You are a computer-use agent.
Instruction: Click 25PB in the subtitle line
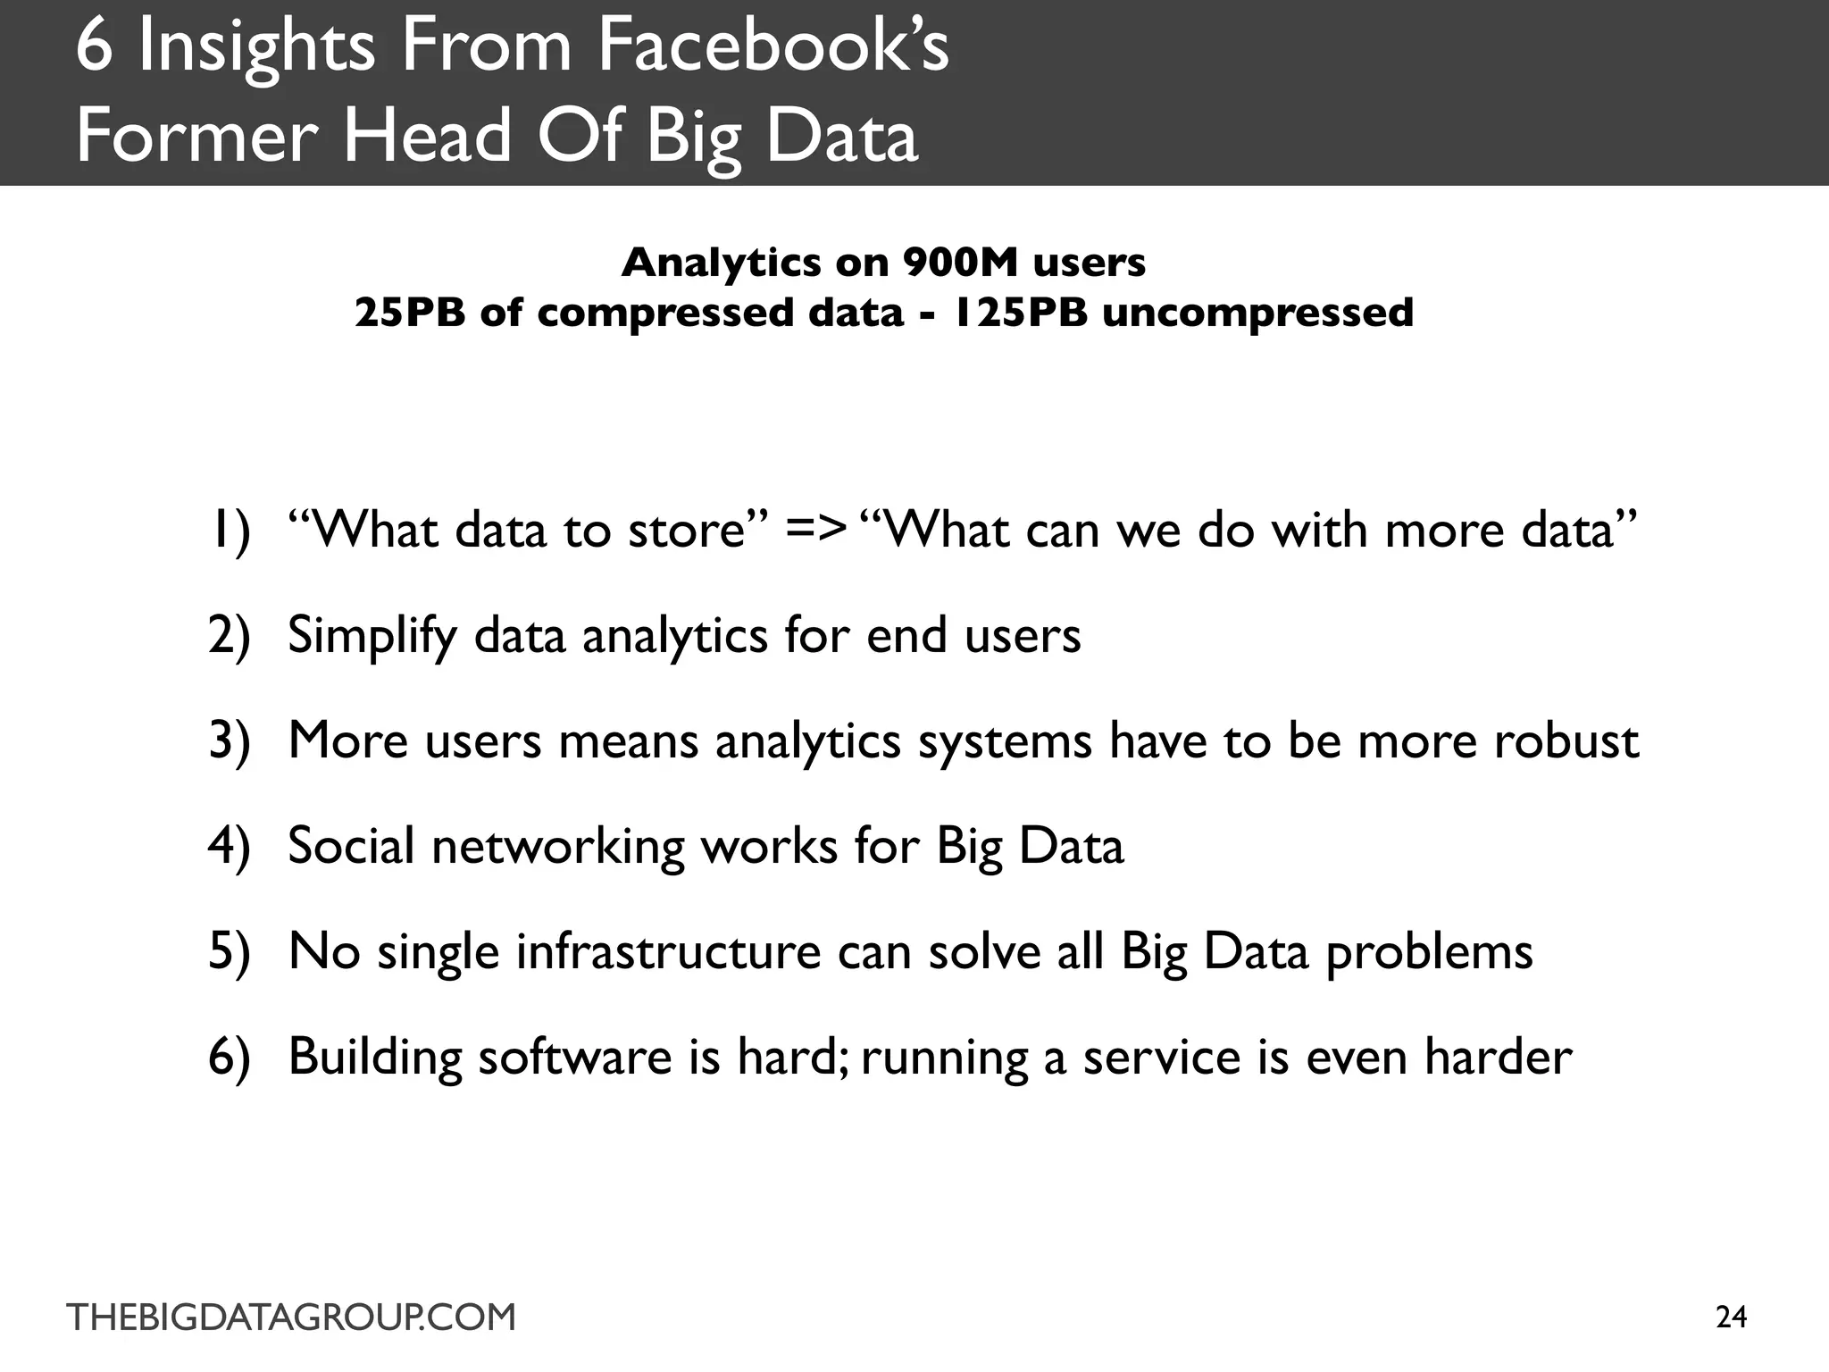click(409, 313)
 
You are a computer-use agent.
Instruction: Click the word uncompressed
click(1257, 313)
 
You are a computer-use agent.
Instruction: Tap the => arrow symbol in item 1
click(814, 530)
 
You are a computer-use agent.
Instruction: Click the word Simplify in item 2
click(372, 636)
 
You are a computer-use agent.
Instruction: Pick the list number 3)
click(229, 741)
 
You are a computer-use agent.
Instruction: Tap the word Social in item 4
click(351, 846)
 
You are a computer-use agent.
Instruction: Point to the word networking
click(558, 846)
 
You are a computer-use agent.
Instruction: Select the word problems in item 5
click(1429, 951)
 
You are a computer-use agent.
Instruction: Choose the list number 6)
click(229, 1057)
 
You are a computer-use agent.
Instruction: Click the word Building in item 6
click(374, 1057)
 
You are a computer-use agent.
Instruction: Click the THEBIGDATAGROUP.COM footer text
click(291, 1318)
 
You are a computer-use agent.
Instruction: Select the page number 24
click(1731, 1318)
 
